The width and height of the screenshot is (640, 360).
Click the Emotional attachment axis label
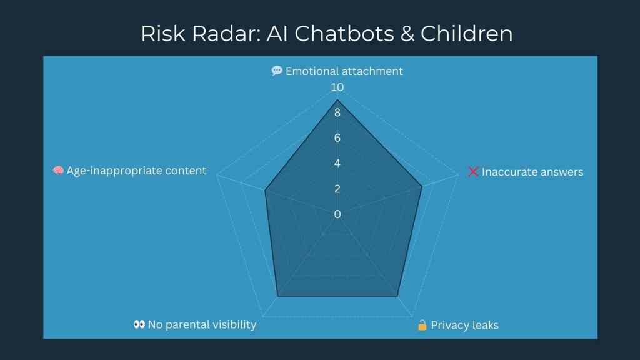[344, 71]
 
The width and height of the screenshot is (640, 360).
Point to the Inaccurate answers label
[532, 172]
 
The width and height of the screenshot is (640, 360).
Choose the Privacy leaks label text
[464, 326]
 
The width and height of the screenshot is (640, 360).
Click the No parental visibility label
[202, 324]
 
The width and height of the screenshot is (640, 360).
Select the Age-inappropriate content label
[136, 171]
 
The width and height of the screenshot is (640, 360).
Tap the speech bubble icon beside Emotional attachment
[277, 71]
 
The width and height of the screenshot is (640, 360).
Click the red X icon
[473, 171]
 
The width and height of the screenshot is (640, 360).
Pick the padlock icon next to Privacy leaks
[422, 325]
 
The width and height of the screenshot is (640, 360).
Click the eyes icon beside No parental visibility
[139, 324]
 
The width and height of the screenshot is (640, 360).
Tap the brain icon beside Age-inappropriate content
[58, 171]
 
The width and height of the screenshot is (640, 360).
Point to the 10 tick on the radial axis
[337, 87]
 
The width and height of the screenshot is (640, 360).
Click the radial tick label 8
[337, 113]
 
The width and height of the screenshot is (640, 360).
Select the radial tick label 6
[337, 138]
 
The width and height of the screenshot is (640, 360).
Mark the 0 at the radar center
[337, 214]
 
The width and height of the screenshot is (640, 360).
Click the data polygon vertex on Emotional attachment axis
[337, 100]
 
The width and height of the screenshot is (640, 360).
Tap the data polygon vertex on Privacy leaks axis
[398, 296]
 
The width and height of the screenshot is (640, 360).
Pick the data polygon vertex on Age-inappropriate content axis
[265, 191]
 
